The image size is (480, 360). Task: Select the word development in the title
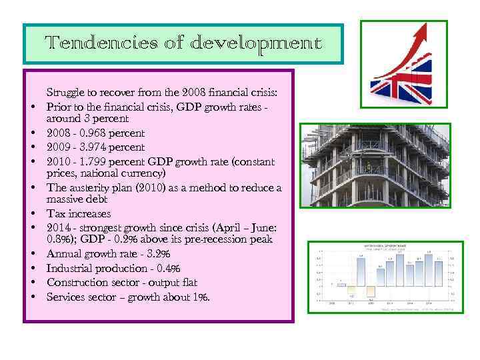click(255, 45)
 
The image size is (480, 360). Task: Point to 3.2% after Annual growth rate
click(158, 254)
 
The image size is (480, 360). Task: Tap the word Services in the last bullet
click(65, 297)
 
